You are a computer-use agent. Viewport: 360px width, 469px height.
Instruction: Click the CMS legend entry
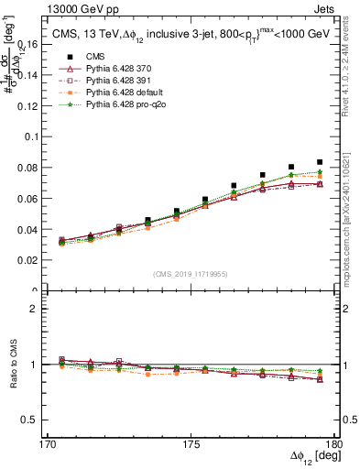point(94,57)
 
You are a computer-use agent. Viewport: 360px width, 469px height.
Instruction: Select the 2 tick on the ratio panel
point(39,309)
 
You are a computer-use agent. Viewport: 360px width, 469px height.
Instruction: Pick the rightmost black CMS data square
point(319,162)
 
